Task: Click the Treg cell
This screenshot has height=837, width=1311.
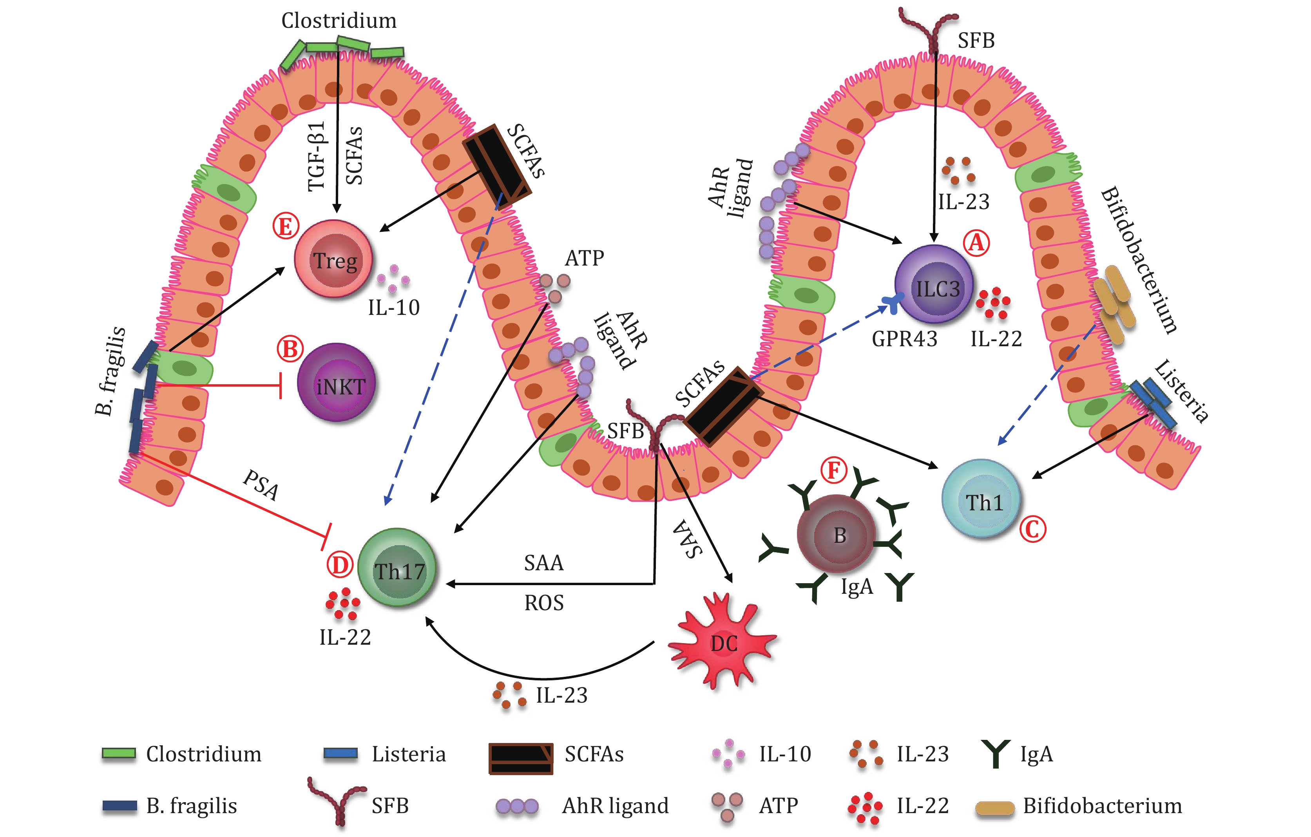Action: click(x=334, y=260)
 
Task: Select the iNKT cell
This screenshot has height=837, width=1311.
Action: click(x=337, y=383)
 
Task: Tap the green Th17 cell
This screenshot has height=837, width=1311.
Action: click(x=397, y=569)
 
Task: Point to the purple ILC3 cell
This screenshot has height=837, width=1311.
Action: click(x=934, y=285)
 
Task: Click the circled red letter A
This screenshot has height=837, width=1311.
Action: click(x=976, y=243)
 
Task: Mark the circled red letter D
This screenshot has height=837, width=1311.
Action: click(x=340, y=565)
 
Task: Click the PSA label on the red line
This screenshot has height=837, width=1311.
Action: click(x=260, y=484)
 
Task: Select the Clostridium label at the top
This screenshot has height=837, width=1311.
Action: click(x=339, y=21)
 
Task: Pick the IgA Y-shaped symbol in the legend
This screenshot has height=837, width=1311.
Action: click(x=996, y=754)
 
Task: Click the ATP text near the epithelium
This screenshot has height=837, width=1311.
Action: click(x=584, y=258)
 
